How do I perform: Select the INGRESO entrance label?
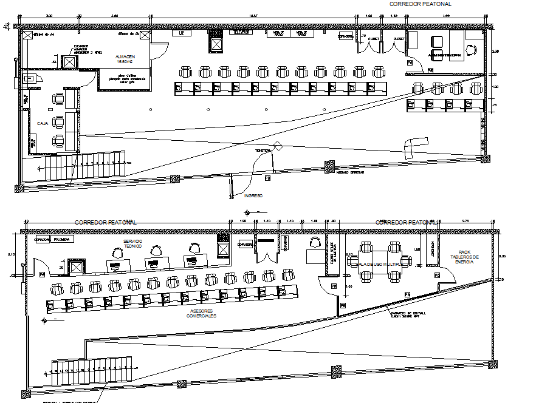tap(253, 196)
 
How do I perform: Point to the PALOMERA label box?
tap(63, 239)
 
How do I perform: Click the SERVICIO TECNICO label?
tap(134, 244)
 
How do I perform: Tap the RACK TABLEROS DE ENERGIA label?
tap(465, 257)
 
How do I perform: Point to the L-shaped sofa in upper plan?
tap(414, 145)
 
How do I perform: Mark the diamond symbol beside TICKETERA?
tap(278, 146)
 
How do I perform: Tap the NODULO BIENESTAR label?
tap(350, 172)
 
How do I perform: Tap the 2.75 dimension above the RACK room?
tap(465, 221)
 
